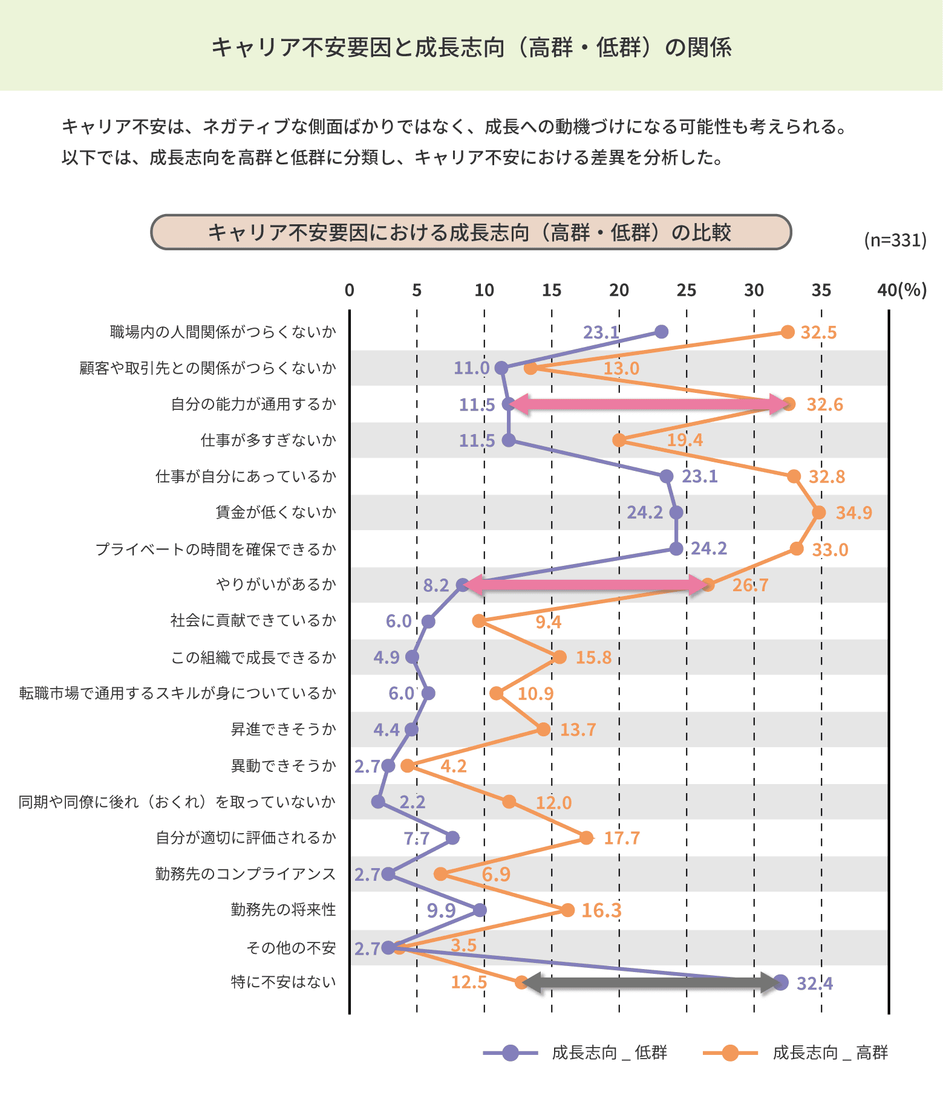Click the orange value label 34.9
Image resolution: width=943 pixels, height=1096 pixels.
click(x=853, y=513)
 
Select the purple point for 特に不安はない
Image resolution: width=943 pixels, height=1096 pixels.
click(x=780, y=982)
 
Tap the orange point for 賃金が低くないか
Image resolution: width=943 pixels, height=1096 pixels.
click(x=819, y=513)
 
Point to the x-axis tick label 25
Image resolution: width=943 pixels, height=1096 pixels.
click(x=687, y=291)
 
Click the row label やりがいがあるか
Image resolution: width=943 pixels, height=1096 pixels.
click(x=276, y=585)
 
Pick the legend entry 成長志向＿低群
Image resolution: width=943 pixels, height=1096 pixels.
click(x=575, y=1052)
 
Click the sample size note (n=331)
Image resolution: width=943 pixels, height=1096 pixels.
click(x=895, y=240)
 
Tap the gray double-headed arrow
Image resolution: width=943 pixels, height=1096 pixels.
click(x=651, y=982)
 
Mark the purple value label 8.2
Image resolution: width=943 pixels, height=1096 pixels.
click(x=436, y=585)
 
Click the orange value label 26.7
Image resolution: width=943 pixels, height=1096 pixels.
click(x=750, y=585)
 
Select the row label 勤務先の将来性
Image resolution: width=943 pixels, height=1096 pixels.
click(x=283, y=910)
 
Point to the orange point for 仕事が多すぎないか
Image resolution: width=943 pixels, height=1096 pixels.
click(x=619, y=440)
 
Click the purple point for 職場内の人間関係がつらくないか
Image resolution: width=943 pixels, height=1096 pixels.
click(x=662, y=331)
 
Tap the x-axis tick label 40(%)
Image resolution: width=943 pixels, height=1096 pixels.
click(x=901, y=291)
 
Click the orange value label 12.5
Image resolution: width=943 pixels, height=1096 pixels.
click(x=469, y=982)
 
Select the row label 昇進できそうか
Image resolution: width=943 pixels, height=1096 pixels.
click(x=283, y=730)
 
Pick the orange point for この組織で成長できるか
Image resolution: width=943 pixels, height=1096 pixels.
click(x=560, y=657)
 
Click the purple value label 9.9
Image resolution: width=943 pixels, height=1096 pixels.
click(x=441, y=910)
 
